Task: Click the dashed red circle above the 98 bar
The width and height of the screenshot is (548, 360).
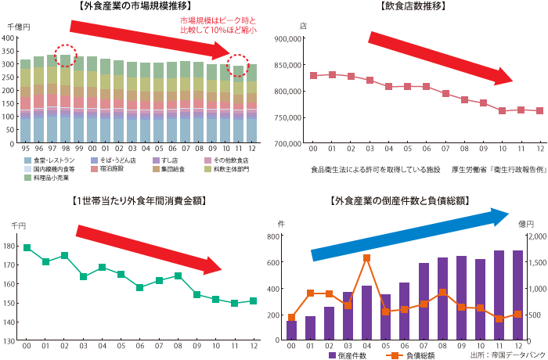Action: click(x=66, y=55)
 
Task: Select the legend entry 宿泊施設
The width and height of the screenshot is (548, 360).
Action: click(x=110, y=168)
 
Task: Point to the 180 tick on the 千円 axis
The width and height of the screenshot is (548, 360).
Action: click(x=13, y=247)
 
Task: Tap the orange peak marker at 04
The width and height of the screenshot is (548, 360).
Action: click(x=366, y=257)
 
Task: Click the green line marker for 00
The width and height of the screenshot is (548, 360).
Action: click(x=27, y=248)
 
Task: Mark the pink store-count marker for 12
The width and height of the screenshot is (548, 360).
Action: click(x=539, y=111)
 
